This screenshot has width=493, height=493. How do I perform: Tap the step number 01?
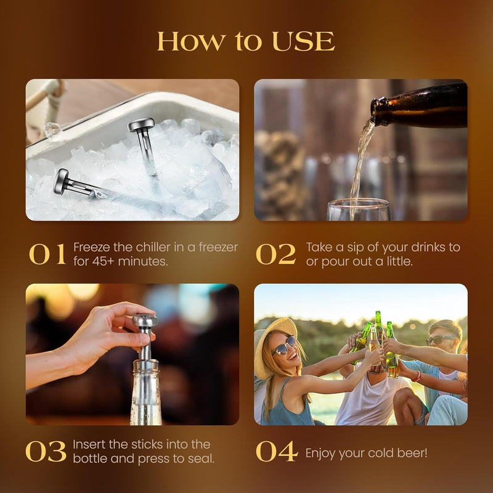[x=47, y=255]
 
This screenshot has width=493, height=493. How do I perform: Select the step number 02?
[x=275, y=255]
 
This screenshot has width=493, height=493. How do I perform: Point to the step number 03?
[x=46, y=452]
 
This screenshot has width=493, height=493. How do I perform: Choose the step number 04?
[x=276, y=452]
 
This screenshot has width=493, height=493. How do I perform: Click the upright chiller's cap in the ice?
[x=141, y=124]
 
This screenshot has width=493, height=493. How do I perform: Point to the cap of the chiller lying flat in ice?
[x=60, y=181]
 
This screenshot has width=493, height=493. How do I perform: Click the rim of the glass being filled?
[x=359, y=202]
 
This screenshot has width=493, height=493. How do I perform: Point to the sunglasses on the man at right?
[x=441, y=340]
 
